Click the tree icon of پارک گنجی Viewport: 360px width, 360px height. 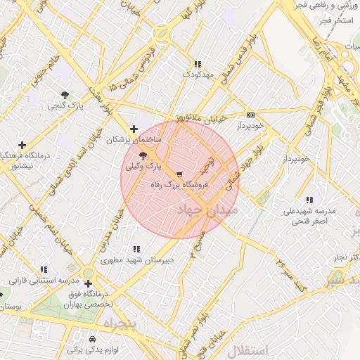(x=65, y=94)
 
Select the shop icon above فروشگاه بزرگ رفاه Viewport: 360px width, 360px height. (x=180, y=174)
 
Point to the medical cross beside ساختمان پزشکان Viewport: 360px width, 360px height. (x=134, y=128)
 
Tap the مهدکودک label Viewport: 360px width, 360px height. (x=198, y=74)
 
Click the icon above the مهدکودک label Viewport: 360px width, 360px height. (x=198, y=63)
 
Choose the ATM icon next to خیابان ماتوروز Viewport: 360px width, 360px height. (x=250, y=115)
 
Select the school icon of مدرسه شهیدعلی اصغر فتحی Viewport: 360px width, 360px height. (x=309, y=199)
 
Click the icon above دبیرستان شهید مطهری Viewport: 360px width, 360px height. (x=136, y=249)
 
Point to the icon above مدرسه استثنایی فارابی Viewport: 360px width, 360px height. (x=44, y=269)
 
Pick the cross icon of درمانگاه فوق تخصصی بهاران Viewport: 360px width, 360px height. (x=88, y=283)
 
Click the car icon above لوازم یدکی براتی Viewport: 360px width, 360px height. (x=94, y=337)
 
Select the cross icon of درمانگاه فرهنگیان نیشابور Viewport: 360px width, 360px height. (x=22, y=145)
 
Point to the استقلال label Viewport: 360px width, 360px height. (x=249, y=350)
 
